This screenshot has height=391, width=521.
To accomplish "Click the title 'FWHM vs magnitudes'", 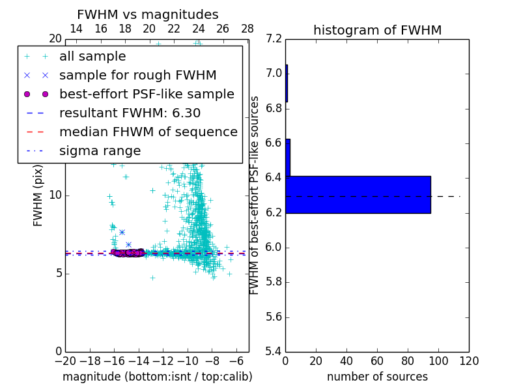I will tap(148, 15).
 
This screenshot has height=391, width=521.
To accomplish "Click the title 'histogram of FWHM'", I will tap(377, 30).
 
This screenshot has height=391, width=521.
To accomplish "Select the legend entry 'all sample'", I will tap(92, 57).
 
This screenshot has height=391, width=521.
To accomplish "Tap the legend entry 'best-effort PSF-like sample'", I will tap(147, 94).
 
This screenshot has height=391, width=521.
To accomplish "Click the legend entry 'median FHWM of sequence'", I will tap(148, 132).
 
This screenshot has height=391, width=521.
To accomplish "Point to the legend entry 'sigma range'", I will tap(100, 151).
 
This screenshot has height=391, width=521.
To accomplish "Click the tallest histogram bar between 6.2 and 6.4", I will tap(358, 195).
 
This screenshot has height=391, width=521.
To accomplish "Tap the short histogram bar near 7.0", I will tap(287, 83).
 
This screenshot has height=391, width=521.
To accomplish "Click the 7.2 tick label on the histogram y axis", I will tap(274, 38).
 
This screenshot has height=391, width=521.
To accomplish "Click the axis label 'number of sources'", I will tap(377, 377).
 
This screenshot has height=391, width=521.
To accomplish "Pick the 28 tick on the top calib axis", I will tap(247, 29).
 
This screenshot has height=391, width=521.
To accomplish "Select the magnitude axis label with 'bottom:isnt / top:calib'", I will tap(157, 377).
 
